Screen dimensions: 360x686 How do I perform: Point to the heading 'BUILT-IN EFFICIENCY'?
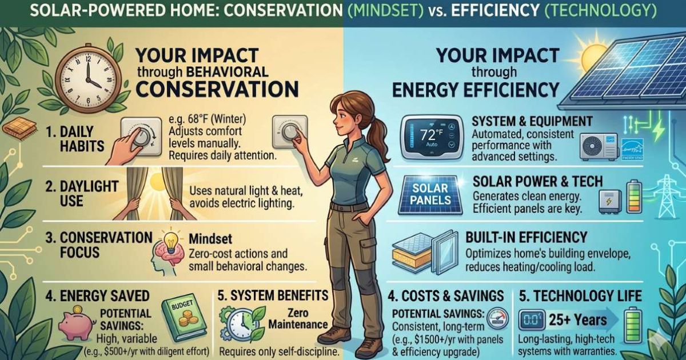point(527,237)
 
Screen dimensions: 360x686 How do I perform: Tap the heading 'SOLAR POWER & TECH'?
point(538,182)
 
